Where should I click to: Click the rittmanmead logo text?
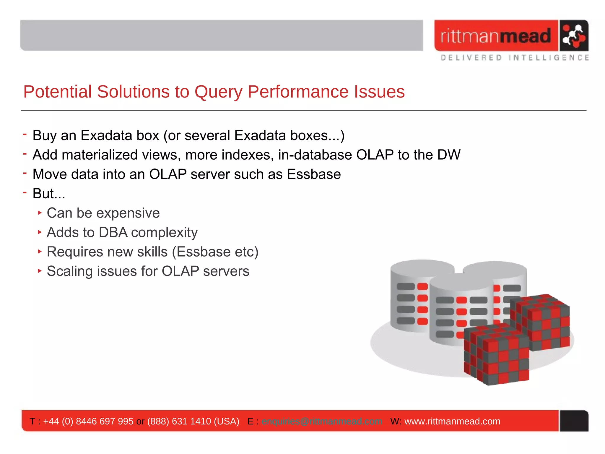coord(495,36)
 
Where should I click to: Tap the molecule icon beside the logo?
coord(573,36)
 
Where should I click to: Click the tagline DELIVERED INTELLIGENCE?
coord(514,58)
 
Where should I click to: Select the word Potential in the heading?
coord(58,92)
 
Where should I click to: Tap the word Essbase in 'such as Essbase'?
coord(314,174)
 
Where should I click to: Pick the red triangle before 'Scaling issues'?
coord(40,271)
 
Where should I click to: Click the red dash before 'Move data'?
coord(25,173)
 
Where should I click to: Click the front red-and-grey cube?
coord(496,355)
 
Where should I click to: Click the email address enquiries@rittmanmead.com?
coord(322,421)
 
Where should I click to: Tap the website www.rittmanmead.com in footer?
coord(452,421)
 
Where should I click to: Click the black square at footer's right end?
coord(574,421)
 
